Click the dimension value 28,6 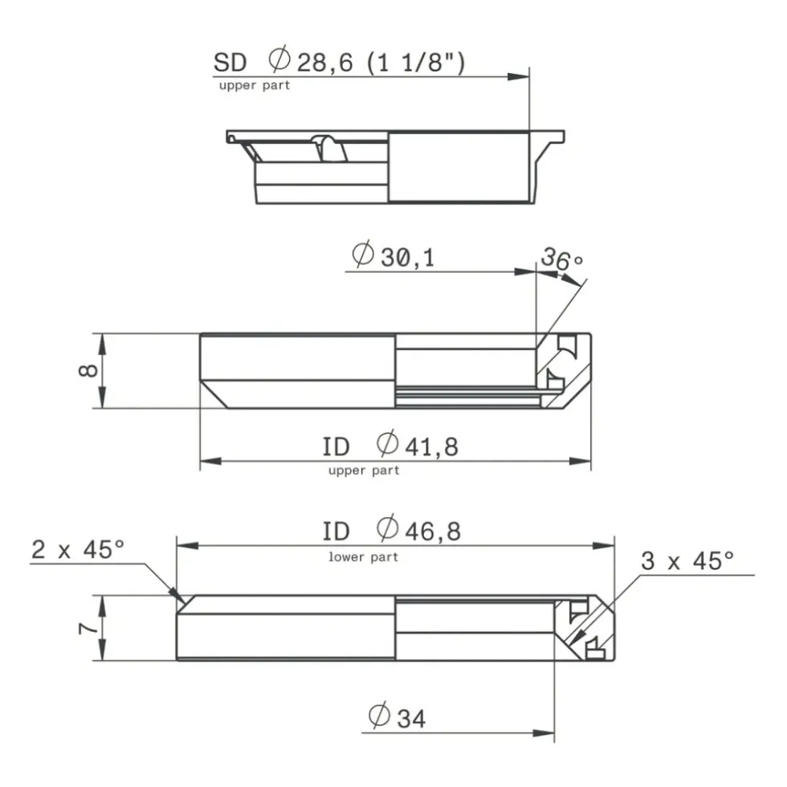324,63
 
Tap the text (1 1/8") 416,63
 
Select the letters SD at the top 230,63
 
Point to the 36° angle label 561,258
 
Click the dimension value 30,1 407,258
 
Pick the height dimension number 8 88,370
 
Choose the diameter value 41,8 432,447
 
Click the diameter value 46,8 433,532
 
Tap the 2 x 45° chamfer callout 78,549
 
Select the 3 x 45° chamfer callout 687,561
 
